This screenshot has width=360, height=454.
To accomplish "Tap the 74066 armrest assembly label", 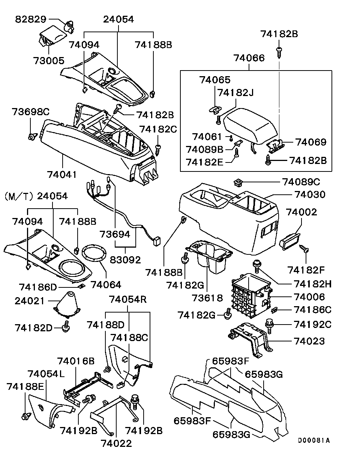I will [x=249, y=58].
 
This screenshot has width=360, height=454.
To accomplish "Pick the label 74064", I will [x=106, y=285].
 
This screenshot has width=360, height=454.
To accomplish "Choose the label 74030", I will [x=310, y=195].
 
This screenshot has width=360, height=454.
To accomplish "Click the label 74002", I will [x=301, y=212].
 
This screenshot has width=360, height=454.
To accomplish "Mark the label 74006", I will [x=309, y=297].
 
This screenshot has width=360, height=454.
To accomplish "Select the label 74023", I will [x=309, y=341].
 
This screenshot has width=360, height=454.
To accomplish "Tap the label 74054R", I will [x=128, y=299].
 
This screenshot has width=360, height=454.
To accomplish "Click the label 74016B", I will [x=76, y=361].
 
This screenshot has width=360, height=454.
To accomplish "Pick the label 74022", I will [x=116, y=443].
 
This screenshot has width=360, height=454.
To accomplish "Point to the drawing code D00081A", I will [x=314, y=440].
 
